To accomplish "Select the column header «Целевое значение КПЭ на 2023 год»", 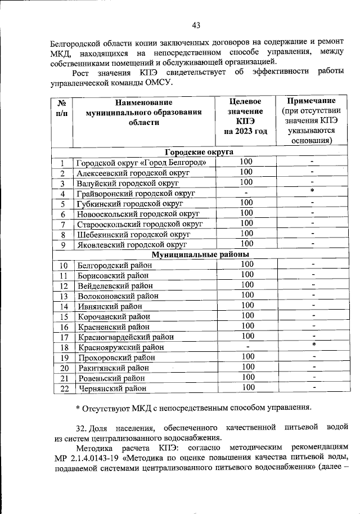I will point(245,117).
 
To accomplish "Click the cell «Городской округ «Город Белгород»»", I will point(145,163).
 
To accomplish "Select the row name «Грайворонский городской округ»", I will point(136,194).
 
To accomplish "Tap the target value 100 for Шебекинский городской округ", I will point(246,234).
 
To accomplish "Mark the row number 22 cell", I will point(64,388).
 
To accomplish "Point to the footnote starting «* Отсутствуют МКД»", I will point(193,407).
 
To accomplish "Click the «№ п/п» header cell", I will point(62,108).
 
